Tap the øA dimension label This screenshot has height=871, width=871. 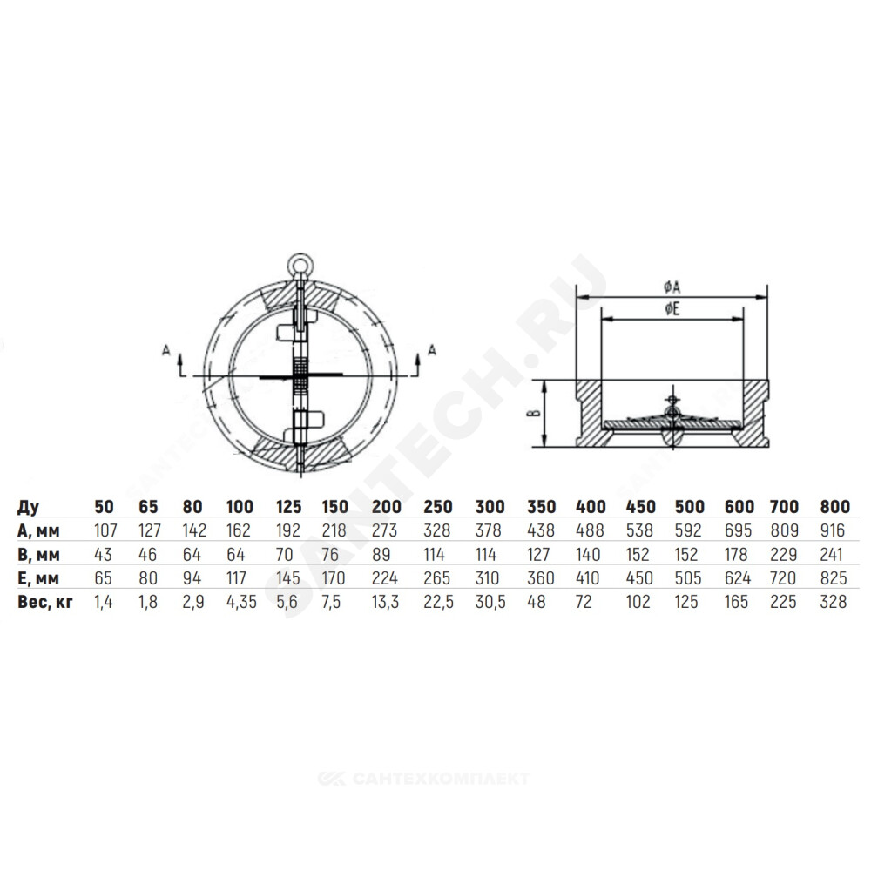672,287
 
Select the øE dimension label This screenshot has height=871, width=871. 672,309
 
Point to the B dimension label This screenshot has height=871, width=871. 536,413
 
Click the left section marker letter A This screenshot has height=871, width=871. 165,350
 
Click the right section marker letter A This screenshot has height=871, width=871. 432,350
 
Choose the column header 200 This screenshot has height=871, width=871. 387,507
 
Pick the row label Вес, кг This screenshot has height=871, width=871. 45,602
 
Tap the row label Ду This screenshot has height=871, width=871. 29,507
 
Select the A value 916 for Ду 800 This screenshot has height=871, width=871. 832,530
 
